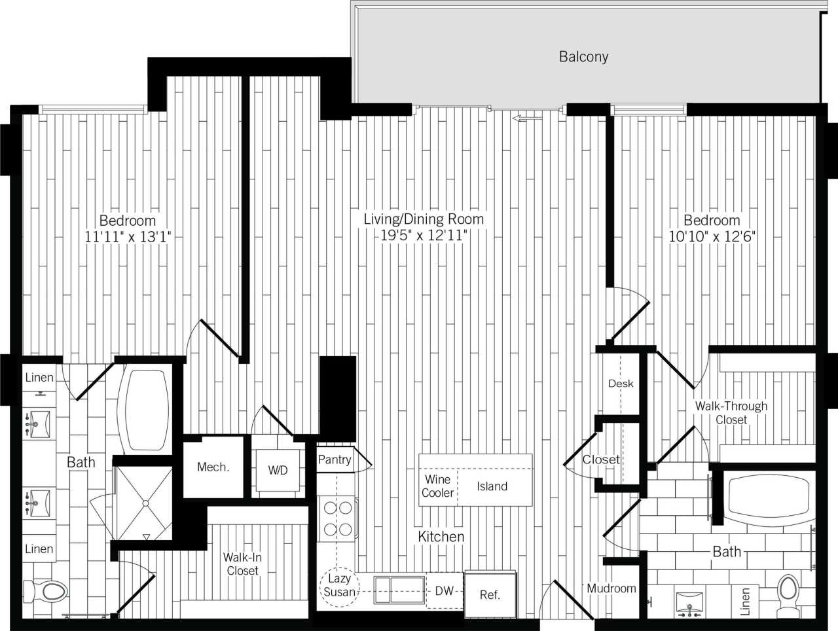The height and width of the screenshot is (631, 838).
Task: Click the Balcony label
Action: click(x=583, y=57)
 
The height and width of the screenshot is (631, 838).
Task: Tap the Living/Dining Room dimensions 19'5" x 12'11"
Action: click(x=424, y=236)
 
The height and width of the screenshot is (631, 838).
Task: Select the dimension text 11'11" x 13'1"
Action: click(x=128, y=237)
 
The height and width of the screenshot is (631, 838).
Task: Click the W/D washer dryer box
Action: click(x=278, y=470)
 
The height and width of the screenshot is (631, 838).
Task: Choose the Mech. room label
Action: click(x=213, y=467)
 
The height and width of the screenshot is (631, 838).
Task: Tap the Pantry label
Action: click(x=335, y=460)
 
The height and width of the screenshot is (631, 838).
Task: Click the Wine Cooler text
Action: click(x=438, y=486)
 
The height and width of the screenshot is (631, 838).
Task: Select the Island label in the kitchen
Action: click(x=492, y=486)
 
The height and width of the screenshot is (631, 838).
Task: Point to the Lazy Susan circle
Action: click(x=339, y=585)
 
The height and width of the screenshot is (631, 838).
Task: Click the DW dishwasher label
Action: click(x=444, y=591)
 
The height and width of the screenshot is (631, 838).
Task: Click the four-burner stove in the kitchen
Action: click(x=338, y=518)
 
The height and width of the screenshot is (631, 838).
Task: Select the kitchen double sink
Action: click(x=399, y=591)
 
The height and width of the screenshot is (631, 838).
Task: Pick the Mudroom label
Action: click(x=611, y=588)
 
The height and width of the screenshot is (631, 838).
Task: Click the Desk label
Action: click(x=621, y=384)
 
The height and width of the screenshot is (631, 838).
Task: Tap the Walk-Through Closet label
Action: click(x=731, y=413)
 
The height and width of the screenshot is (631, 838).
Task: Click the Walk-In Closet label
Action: click(x=242, y=564)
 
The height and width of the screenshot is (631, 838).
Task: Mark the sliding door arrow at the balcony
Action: click(x=527, y=118)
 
